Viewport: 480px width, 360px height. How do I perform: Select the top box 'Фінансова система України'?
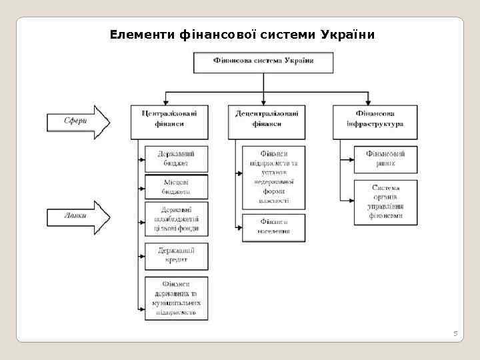tap(263, 62)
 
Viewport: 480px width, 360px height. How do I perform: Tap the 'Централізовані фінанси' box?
tap(174, 120)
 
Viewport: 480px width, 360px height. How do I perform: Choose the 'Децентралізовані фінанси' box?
tap(267, 120)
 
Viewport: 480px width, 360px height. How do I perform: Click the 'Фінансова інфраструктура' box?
tap(375, 120)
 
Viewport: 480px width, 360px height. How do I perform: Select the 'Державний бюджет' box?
tap(177, 159)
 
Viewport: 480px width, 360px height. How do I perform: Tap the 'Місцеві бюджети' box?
tap(177, 187)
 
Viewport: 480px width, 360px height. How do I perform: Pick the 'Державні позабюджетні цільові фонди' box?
tap(177, 219)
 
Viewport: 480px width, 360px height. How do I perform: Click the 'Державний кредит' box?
tap(177, 255)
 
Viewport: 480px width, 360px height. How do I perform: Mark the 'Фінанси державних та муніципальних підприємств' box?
tap(177, 297)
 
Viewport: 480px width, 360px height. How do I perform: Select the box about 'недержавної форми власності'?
tap(273, 176)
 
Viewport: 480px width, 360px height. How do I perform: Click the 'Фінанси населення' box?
tap(273, 227)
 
